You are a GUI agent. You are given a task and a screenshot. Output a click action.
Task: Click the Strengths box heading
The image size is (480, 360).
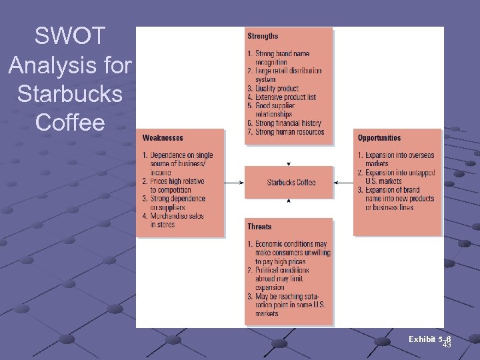point(263,36)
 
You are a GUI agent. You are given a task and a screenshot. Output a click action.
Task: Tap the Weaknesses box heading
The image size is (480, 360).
point(163,138)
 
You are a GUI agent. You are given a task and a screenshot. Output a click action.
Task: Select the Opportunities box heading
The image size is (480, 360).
point(379,138)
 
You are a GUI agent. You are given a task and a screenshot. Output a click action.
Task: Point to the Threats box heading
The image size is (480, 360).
point(259,227)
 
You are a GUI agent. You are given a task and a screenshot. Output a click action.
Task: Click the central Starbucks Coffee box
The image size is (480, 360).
point(289,182)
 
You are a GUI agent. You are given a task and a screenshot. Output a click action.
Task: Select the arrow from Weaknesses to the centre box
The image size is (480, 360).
point(234,182)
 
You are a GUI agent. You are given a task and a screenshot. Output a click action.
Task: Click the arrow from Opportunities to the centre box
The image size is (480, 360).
point(343,182)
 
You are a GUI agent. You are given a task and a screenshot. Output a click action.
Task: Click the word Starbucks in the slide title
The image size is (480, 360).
point(71,94)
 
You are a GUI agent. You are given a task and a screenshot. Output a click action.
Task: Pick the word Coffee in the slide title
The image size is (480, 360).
point(71,123)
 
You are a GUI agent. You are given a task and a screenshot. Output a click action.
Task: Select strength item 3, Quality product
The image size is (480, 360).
point(273,88)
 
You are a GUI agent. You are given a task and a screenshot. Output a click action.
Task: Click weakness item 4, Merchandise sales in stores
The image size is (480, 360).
point(173,220)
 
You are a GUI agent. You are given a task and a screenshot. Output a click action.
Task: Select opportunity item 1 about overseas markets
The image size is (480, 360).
point(396,159)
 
